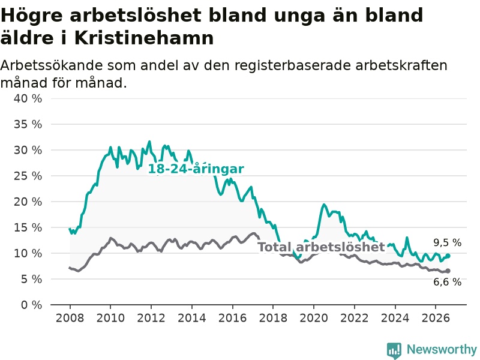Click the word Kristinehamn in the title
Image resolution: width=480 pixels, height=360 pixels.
[x=144, y=38]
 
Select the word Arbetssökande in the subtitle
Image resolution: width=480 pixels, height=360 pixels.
[x=52, y=65]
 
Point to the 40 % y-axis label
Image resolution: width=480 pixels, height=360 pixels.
[x=28, y=98]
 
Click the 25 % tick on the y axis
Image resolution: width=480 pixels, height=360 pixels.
[x=28, y=176]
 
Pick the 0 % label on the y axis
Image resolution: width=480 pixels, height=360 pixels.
[x=32, y=305]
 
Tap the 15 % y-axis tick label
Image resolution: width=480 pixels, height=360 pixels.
[x=28, y=227]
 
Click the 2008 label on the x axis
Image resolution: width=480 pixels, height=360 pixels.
[x=70, y=318]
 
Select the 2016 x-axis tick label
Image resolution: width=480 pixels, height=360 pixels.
[x=232, y=318]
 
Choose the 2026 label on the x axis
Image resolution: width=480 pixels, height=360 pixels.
[x=436, y=318]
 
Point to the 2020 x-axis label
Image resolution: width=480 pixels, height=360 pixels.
[x=314, y=318]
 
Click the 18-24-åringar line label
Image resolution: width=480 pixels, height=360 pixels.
[x=196, y=169]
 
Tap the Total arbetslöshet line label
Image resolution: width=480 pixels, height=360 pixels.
[x=321, y=247]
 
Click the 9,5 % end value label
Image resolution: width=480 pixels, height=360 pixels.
[x=447, y=243]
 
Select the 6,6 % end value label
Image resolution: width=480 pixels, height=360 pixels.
[x=447, y=282]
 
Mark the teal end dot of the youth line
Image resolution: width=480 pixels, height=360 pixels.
[x=448, y=256]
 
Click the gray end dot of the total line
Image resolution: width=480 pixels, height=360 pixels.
[x=448, y=271]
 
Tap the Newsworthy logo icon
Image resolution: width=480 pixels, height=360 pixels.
[x=394, y=350]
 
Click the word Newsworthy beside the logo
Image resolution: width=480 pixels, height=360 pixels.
[x=442, y=349]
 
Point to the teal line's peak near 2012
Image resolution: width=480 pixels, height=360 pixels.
[x=149, y=142]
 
